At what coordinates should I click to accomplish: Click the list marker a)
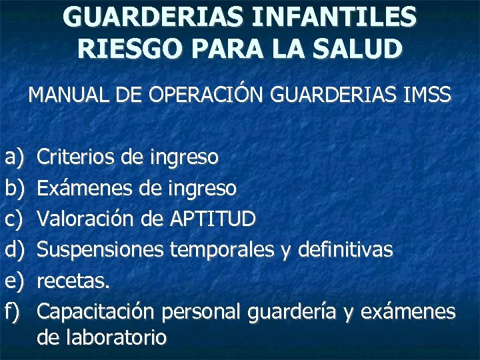13,157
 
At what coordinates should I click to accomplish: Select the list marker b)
13,189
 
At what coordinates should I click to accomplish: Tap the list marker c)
13,219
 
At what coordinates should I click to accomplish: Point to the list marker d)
13,250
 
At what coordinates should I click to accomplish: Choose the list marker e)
13,281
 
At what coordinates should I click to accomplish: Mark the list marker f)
12,311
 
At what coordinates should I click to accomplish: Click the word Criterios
78,157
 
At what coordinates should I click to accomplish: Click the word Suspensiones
101,250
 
